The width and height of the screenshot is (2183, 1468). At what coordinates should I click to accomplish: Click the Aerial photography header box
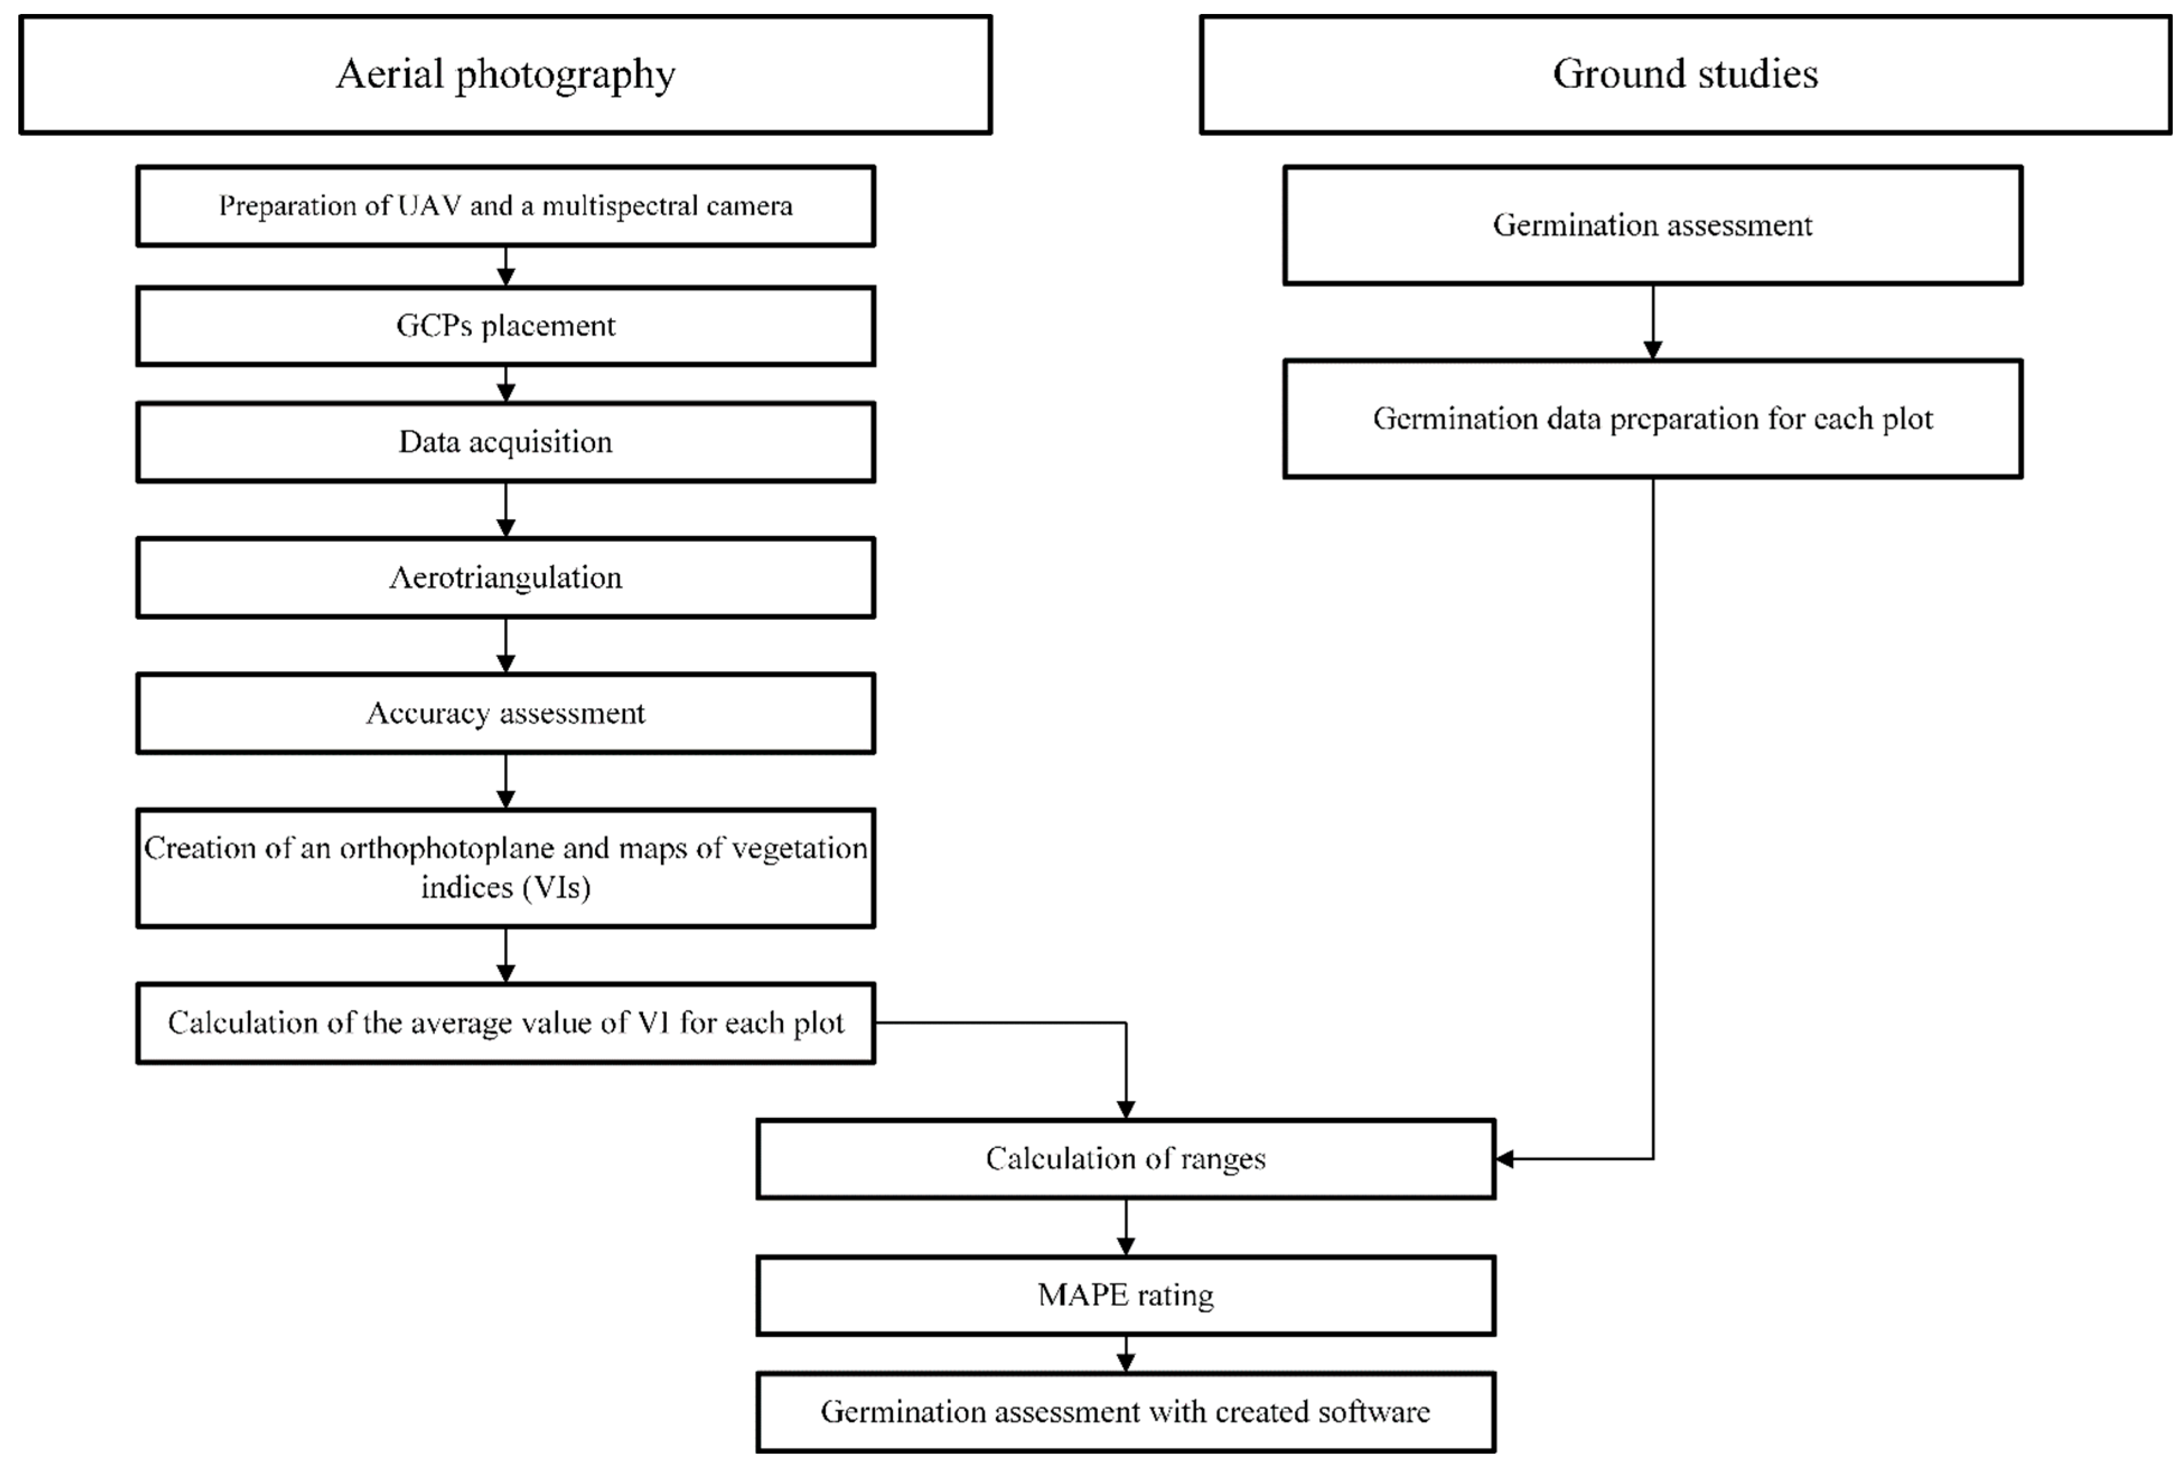505,75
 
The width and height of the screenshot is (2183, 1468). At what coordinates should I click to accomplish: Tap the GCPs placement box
505,326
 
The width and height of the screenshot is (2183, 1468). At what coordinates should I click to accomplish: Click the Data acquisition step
505,442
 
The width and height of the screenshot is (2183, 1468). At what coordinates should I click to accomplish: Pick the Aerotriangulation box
505,578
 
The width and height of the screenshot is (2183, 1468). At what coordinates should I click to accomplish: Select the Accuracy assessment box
505,713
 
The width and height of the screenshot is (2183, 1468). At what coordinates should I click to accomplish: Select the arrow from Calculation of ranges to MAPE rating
1126,1227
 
